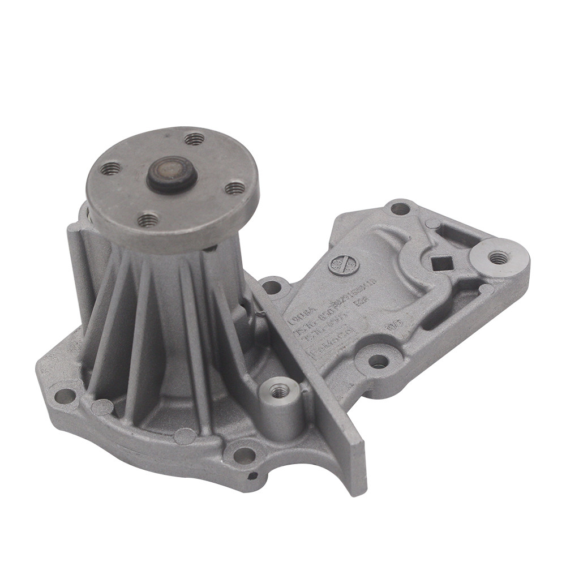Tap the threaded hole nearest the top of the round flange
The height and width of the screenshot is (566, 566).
pyautogui.click(x=194, y=138)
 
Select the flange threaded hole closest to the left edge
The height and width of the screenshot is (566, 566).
pyautogui.click(x=111, y=168)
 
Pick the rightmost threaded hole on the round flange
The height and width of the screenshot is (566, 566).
pyautogui.click(x=234, y=187)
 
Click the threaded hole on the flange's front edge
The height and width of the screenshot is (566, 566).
pyautogui.click(x=148, y=218)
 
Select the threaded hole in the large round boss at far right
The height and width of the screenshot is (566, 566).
pyautogui.click(x=498, y=258)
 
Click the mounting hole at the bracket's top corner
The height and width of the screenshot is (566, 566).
pyautogui.click(x=400, y=208)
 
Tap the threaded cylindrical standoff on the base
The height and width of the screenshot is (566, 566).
pyautogui.click(x=278, y=390)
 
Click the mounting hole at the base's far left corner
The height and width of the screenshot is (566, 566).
pyautogui.click(x=65, y=396)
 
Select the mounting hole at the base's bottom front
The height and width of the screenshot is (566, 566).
pyautogui.click(x=244, y=454)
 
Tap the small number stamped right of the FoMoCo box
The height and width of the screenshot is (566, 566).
pyautogui.click(x=389, y=327)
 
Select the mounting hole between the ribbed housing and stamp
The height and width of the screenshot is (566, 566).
pyautogui.click(x=272, y=287)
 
